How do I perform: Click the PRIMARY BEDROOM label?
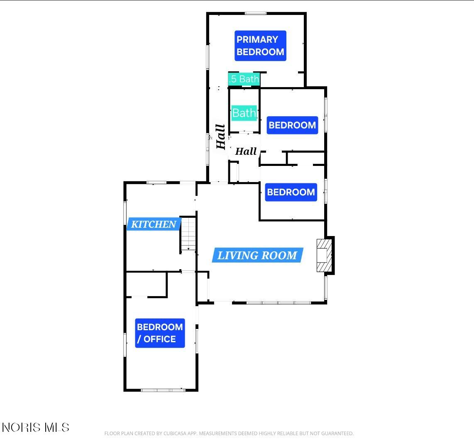click(x=260, y=46)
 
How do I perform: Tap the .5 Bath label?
click(x=244, y=79)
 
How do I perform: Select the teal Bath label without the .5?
click(x=244, y=113)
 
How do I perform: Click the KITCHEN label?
click(x=154, y=224)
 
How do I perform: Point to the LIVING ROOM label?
click(x=257, y=255)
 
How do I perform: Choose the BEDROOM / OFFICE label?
click(x=160, y=333)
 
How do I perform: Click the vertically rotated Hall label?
click(x=221, y=137)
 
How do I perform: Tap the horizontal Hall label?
click(x=246, y=151)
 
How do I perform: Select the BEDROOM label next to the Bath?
click(x=292, y=125)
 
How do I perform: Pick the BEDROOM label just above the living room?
click(x=291, y=192)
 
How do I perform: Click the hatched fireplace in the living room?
click(x=324, y=256)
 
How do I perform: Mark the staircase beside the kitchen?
click(x=188, y=234)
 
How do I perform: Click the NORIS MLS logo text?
click(x=36, y=427)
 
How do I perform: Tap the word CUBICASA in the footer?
click(x=175, y=433)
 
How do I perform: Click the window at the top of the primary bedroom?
click(x=255, y=13)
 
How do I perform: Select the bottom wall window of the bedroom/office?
click(x=163, y=390)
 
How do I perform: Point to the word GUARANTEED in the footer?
click(x=337, y=433)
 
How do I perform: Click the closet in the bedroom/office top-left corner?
click(x=147, y=284)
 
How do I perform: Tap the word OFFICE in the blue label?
click(x=160, y=339)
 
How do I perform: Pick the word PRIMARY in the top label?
click(x=257, y=39)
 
